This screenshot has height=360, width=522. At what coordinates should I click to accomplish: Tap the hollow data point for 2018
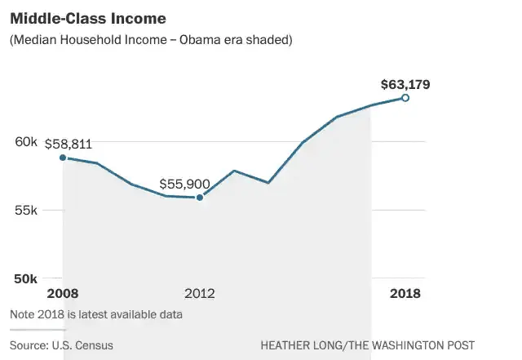click(405, 98)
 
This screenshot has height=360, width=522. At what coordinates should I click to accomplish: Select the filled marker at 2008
click(63, 158)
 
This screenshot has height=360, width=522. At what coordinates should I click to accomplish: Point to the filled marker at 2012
click(200, 197)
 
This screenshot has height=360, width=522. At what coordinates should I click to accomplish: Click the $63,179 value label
click(405, 84)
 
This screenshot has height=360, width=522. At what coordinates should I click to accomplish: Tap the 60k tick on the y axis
click(27, 142)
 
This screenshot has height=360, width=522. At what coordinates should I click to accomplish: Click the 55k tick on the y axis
click(27, 210)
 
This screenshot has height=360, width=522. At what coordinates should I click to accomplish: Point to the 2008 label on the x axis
click(63, 294)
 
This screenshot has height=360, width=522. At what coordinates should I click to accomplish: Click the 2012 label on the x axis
click(200, 294)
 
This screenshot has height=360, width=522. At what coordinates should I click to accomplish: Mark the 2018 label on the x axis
click(405, 294)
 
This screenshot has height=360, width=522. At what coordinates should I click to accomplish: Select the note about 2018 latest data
click(96, 314)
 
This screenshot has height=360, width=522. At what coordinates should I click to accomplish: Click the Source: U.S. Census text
click(61, 345)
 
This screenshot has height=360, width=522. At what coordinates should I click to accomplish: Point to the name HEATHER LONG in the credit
click(303, 345)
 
